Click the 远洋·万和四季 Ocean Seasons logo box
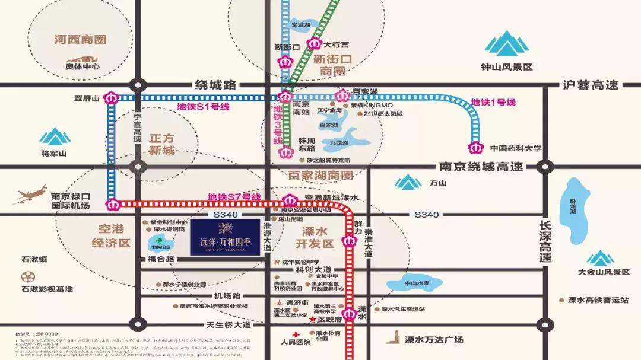coord(225,237)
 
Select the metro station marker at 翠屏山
coord(111,98)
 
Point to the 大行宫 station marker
coord(313,43)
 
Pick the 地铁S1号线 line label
coord(203,107)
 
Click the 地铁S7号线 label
coord(234,197)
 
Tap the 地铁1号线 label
coord(493,102)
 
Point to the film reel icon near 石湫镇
coord(28,276)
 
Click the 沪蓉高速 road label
coord(591,85)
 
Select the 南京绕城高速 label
coord(481,167)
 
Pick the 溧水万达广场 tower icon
coord(392,337)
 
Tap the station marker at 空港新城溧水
coord(290,200)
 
